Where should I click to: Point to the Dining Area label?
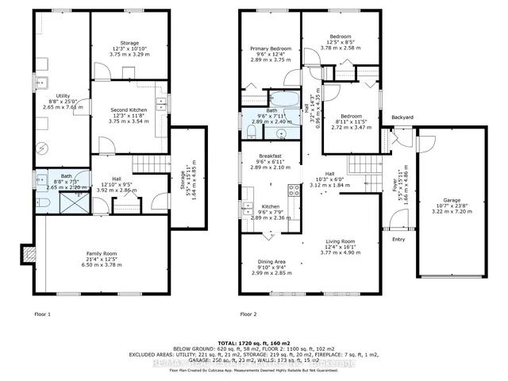tap(272, 267)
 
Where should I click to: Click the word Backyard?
tap(402, 117)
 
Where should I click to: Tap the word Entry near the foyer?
tap(398, 239)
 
